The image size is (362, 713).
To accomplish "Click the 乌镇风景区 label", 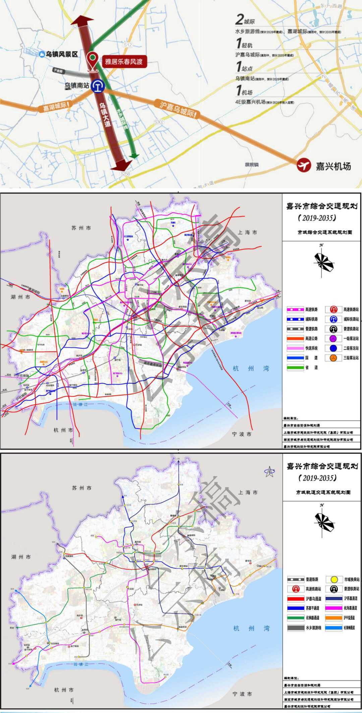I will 61,54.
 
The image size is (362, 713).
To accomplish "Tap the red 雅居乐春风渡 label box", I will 123,61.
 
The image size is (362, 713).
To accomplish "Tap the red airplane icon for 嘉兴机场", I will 304,165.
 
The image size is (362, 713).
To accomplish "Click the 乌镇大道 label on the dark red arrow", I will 105,114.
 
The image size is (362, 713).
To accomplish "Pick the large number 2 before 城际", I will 239,19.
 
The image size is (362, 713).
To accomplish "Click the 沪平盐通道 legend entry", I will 341,618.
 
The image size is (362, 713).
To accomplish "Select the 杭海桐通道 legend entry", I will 341,627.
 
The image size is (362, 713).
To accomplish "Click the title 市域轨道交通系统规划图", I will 323,492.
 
